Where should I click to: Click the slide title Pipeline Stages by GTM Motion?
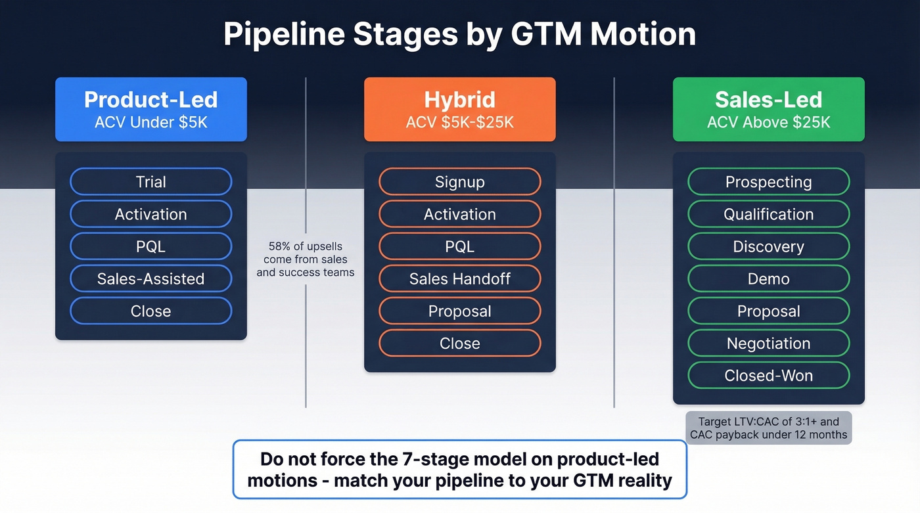[x=459, y=34]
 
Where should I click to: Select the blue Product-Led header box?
[x=151, y=110]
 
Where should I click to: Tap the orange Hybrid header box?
[x=460, y=110]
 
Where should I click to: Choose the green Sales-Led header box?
[x=768, y=110]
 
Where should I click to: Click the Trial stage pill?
[x=151, y=182]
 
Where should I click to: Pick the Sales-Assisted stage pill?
[x=151, y=279]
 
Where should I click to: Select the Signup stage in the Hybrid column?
[x=460, y=182]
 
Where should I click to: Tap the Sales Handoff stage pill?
[x=460, y=279]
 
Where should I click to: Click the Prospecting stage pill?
[x=768, y=182]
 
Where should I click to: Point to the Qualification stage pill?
[x=768, y=214]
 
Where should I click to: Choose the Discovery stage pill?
[x=768, y=246]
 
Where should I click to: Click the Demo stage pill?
[x=768, y=279]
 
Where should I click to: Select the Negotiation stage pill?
[x=768, y=343]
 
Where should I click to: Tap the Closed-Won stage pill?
[x=768, y=375]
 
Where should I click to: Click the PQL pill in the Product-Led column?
[x=151, y=246]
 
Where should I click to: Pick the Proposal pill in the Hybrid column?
[x=460, y=311]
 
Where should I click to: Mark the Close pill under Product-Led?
[x=151, y=311]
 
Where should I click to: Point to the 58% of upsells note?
[x=306, y=259]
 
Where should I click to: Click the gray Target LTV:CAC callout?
[x=768, y=428]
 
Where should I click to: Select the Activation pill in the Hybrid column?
[x=460, y=214]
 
